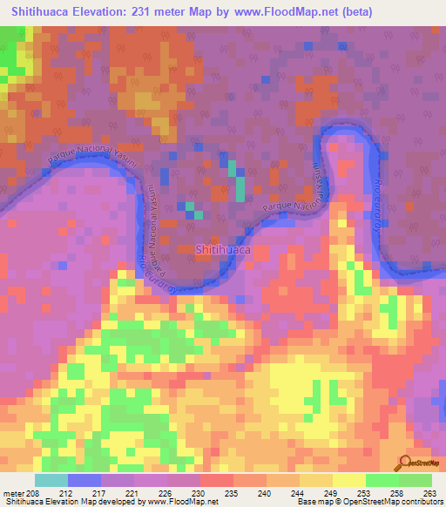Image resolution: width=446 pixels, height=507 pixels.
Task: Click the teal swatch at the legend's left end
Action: tap(51, 480)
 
